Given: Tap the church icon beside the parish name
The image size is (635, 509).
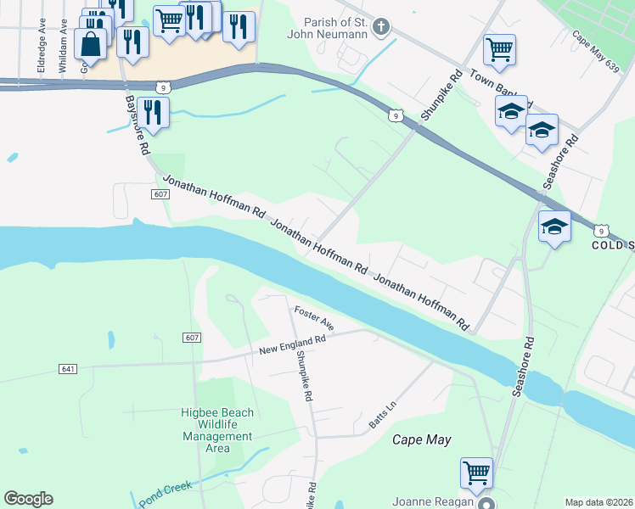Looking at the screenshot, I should point(381,27).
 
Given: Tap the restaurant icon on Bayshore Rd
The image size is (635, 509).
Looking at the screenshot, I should point(153,112).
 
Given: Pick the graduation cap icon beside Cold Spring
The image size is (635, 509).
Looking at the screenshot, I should point(554,227).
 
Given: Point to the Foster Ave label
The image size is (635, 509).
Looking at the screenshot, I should point(315,318).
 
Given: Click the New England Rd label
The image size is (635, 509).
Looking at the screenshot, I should point(293,344).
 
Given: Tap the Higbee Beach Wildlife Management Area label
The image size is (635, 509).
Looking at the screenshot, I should point(218,430).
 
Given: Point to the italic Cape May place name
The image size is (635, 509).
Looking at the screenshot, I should point(421,439).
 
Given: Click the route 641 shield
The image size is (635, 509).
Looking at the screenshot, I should point(69,369).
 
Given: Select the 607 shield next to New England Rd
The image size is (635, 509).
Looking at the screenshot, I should point(191,338).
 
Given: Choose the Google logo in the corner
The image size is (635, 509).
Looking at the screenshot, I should point(28,498).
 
